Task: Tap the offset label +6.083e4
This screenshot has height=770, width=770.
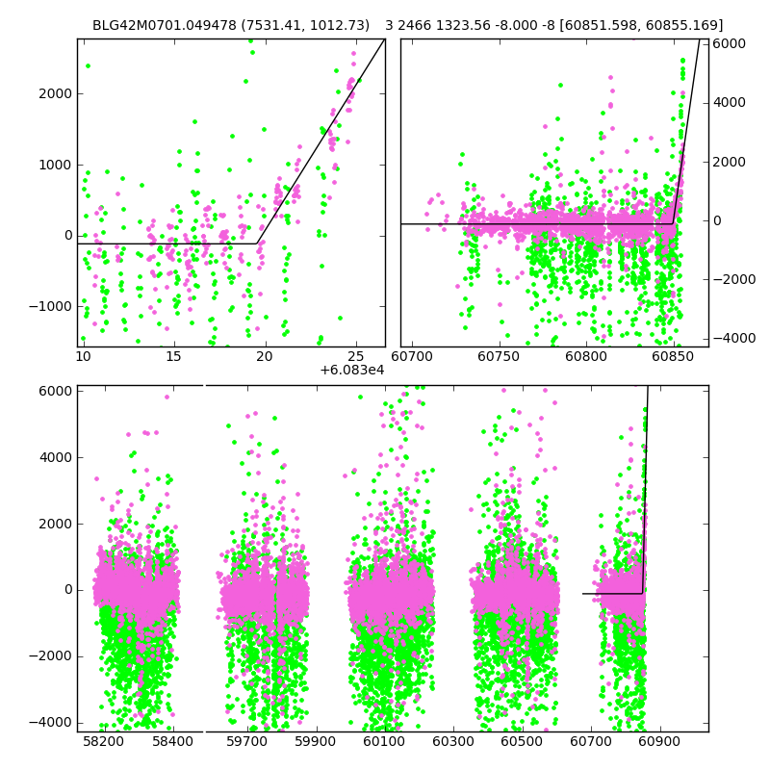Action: pyautogui.click(x=351, y=370)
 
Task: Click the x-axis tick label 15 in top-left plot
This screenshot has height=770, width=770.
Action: pyautogui.click(x=174, y=357)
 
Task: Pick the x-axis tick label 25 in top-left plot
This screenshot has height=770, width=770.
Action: pyautogui.click(x=356, y=357)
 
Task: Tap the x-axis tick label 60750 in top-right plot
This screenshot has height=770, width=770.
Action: pyautogui.click(x=500, y=357)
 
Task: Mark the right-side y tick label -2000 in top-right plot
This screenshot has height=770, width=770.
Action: pyautogui.click(x=727, y=279)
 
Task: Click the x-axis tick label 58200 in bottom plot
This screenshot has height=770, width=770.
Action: pyautogui.click(x=103, y=742)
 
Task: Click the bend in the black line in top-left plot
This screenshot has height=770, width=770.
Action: pyautogui.click(x=257, y=244)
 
